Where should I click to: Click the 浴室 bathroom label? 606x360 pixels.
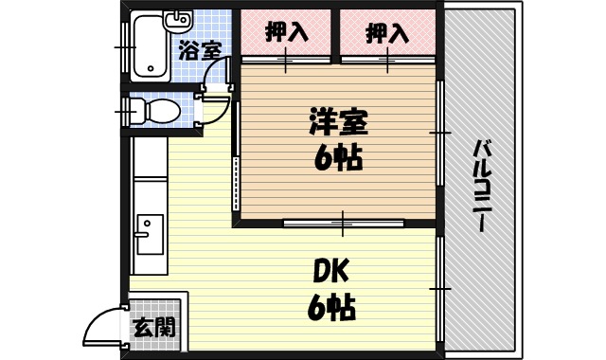pos(200,50)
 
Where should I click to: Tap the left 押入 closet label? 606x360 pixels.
pos(286,33)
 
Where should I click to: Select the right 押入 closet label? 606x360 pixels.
pos(386,33)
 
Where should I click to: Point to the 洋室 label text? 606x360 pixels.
pos(338,123)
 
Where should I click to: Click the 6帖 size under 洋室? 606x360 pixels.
pos(338,158)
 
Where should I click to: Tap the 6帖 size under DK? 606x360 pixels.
pos(330,307)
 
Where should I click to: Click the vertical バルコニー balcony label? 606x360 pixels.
pos(481,186)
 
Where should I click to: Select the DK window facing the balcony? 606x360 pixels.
pos(440,286)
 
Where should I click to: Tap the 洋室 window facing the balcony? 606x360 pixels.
pos(439,132)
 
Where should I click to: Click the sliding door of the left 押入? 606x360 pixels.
pos(286,61)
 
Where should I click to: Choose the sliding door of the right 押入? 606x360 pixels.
pos(386,61)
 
